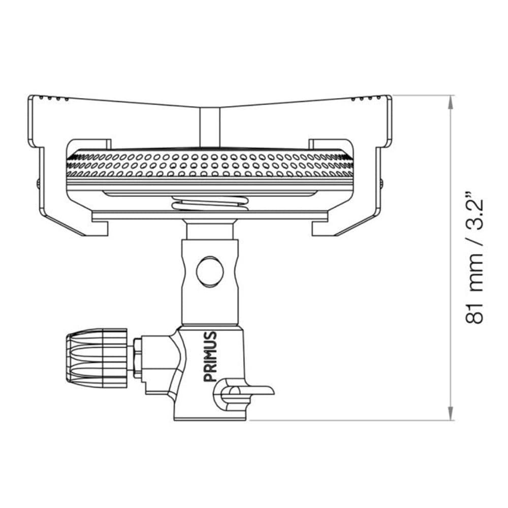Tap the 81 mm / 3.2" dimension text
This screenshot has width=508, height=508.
point(474,259)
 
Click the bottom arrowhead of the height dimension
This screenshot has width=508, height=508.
point(450,416)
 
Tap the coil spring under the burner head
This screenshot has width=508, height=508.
point(210,205)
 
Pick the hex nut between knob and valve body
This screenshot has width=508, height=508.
point(137,358)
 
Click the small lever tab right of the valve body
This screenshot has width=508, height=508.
point(254,390)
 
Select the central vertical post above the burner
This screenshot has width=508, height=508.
point(209,127)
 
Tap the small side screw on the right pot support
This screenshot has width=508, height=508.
point(380,182)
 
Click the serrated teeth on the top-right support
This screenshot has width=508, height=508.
point(368,97)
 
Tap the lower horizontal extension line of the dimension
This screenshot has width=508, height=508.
point(351,421)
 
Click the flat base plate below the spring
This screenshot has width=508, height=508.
point(209,216)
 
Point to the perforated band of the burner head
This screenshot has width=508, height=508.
point(209,165)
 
